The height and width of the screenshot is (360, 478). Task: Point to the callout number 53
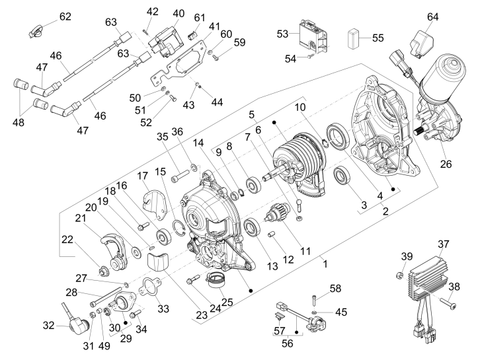[283, 33]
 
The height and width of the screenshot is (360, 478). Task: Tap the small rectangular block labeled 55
[355, 37]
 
